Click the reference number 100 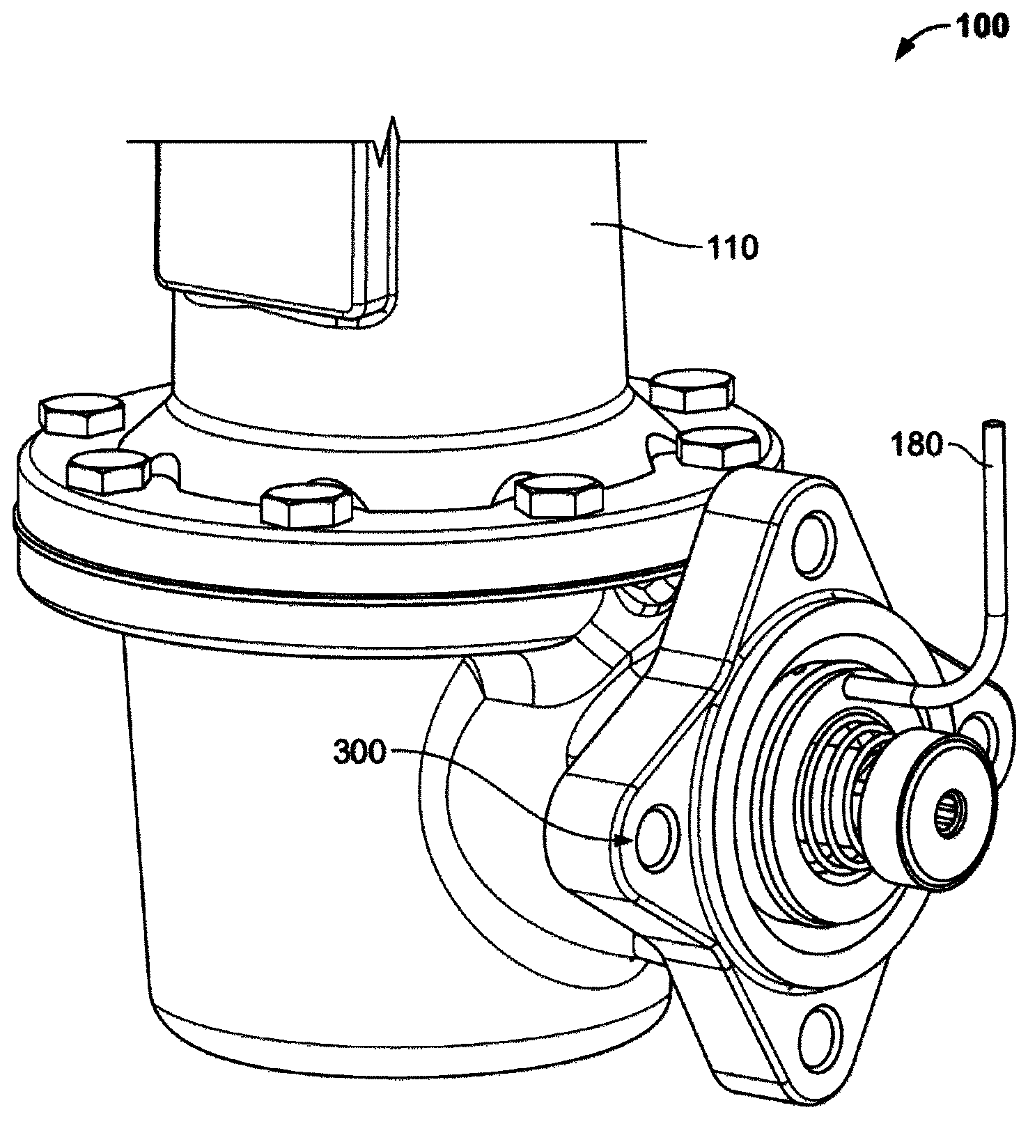point(981,26)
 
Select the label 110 point(731,246)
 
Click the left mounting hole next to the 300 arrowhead point(655,837)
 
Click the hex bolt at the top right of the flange point(691,391)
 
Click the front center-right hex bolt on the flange point(557,496)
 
